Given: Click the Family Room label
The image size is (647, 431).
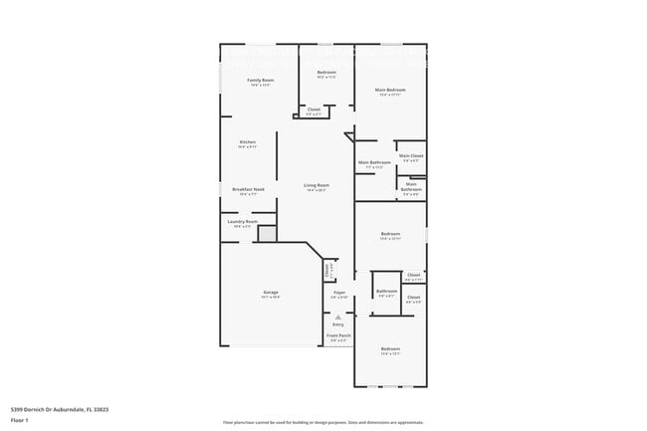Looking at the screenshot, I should coord(261,80).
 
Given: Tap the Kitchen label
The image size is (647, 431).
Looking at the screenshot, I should coord(247,142).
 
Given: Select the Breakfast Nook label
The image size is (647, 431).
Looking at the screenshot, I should coord(248,189).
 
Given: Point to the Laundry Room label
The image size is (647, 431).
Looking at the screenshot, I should coord(243,221).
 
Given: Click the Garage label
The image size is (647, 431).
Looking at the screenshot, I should coord(271,292).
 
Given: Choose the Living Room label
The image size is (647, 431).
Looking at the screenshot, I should coord(317,185).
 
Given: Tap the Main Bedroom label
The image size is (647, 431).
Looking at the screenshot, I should coord(390,91).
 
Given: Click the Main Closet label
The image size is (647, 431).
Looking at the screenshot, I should coord(411,156).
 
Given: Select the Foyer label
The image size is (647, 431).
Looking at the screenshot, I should coord(338,292).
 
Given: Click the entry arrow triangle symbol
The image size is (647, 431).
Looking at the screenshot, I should coord(337,318).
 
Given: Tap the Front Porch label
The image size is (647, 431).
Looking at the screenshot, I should coord(338,335).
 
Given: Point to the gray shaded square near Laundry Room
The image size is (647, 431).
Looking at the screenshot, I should coord(267,234).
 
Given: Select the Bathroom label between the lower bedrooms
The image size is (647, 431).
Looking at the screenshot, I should coord(386,292).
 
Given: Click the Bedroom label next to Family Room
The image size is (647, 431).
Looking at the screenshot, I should coord(326,73).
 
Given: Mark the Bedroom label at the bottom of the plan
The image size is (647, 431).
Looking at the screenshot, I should coord(390,348).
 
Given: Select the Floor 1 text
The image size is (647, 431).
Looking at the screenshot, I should coord(20,421).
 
